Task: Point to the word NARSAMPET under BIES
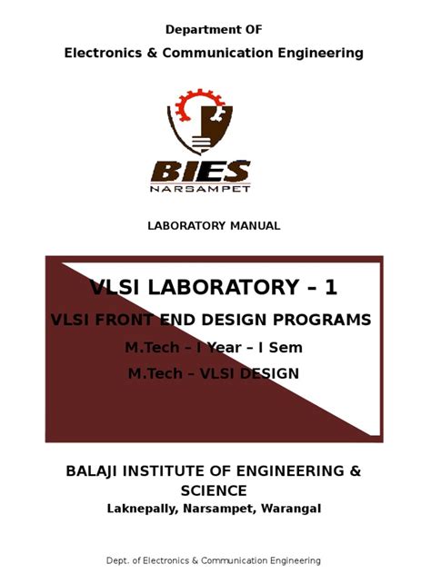(x=215, y=188)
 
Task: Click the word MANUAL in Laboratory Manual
(x=257, y=225)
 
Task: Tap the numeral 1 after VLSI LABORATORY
(x=330, y=288)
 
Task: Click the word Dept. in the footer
(x=125, y=559)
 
